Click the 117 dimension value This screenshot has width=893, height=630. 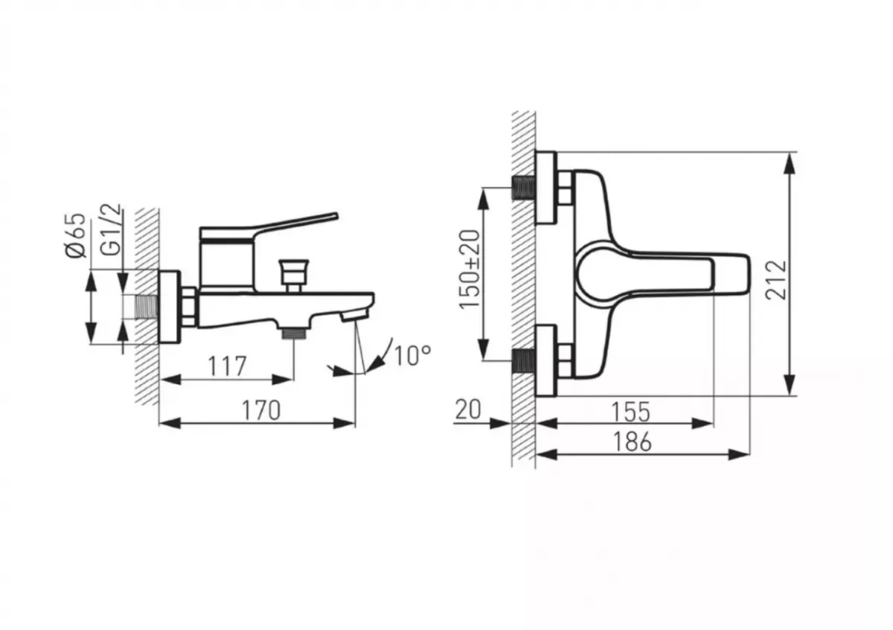pos(226,366)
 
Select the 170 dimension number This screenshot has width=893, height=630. pos(262,410)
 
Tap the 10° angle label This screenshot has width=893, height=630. pos(412,355)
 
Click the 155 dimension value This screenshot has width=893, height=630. pos(630,410)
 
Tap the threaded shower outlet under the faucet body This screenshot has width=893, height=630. pos(293,333)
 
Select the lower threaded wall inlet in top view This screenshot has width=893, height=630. pos(525,361)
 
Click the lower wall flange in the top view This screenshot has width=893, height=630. pos(546,360)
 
